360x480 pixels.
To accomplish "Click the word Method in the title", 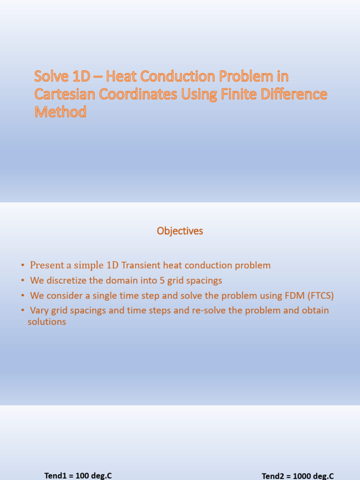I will [60, 112].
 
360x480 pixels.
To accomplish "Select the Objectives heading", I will [180, 231].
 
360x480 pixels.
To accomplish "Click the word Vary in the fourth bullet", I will [39, 310].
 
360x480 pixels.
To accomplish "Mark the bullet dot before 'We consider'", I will [22, 296].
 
